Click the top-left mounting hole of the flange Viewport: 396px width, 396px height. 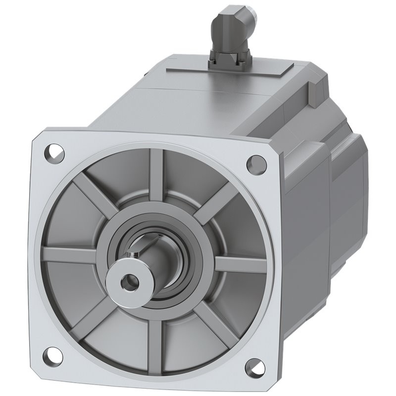pos(55,149)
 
